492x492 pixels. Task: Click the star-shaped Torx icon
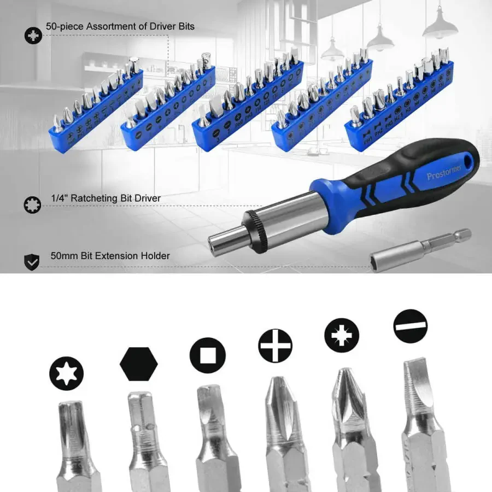click(x=66, y=373)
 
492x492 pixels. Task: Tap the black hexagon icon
click(x=139, y=363)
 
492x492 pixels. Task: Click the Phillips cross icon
click(x=275, y=345)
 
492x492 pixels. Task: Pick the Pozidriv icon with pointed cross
click(x=342, y=335)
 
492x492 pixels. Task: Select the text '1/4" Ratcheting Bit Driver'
click(x=106, y=198)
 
